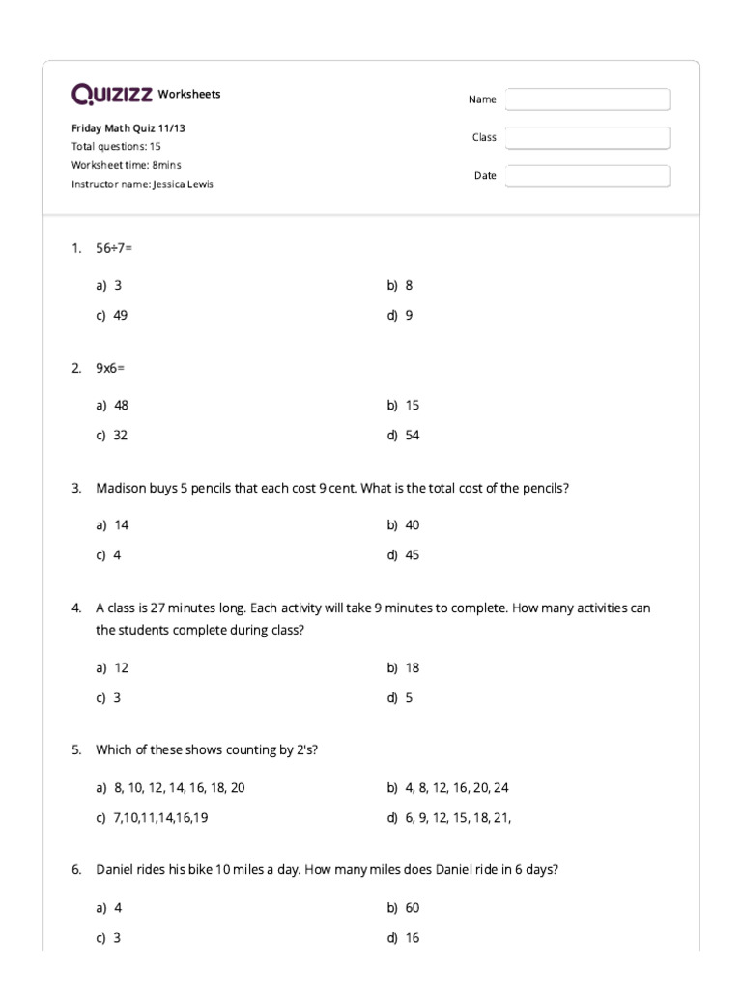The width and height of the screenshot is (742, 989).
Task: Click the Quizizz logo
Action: tap(111, 94)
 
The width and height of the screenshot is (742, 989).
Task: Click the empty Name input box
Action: tap(586, 99)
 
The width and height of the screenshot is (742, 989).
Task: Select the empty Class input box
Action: tap(586, 138)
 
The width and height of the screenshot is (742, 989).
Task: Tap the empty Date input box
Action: tap(586, 176)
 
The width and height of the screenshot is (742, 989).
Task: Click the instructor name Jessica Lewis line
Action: tap(142, 184)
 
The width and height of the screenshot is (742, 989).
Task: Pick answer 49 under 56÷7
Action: tap(120, 315)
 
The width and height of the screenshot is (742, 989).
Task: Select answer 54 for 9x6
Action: tap(412, 435)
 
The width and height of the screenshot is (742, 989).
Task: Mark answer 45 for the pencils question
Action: tap(412, 555)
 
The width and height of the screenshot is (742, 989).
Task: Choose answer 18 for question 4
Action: tap(412, 667)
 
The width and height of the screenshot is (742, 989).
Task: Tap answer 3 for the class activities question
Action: tap(117, 697)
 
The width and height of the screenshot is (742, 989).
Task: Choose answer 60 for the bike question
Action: tap(412, 907)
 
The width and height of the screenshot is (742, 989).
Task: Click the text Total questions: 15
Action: tap(116, 147)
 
